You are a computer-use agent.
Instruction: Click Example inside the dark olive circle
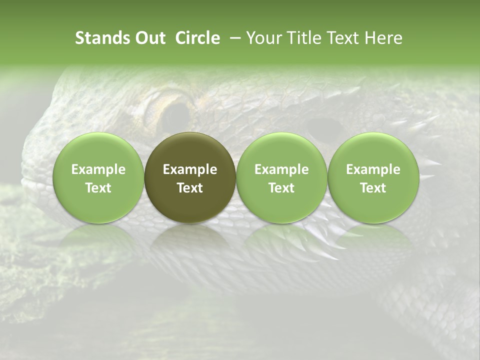(x=190, y=169)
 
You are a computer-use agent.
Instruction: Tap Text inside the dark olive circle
(x=190, y=188)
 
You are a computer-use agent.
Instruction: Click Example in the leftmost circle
(x=98, y=169)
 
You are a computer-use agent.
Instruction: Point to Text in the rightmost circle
(x=373, y=188)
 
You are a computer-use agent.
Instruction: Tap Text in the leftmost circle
(x=98, y=188)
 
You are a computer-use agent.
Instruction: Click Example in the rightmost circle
(x=373, y=169)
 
